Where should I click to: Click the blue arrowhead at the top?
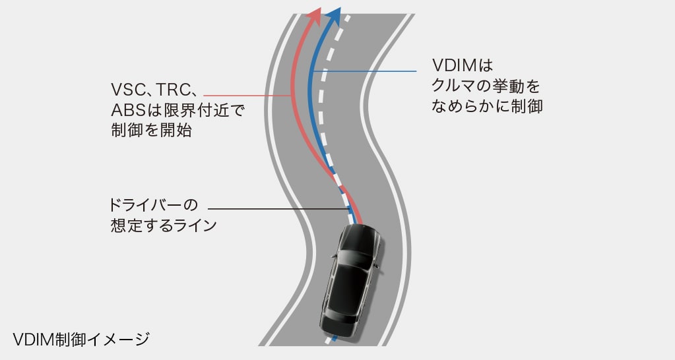coord(335,16)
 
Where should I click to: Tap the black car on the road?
coord(350,280)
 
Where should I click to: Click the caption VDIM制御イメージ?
coord(81,340)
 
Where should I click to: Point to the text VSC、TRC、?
coord(156,90)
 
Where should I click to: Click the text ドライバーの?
coord(154,204)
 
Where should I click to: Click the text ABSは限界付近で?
coord(177,109)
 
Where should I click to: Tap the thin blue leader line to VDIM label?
coord(370,71)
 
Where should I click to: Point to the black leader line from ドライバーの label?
coord(277,209)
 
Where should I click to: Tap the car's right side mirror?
coord(377,266)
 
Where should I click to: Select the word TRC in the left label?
coord(174,90)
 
